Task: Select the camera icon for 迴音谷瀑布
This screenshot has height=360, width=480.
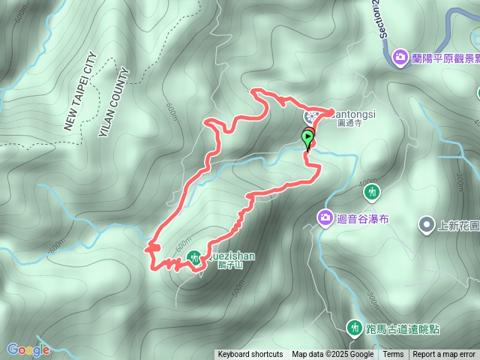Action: tap(325, 218)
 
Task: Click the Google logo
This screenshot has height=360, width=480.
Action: tap(28, 349)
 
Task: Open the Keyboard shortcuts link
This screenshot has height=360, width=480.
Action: tap(250, 355)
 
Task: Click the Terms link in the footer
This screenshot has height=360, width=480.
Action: tap(393, 355)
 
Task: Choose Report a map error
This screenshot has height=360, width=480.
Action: tap(444, 355)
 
